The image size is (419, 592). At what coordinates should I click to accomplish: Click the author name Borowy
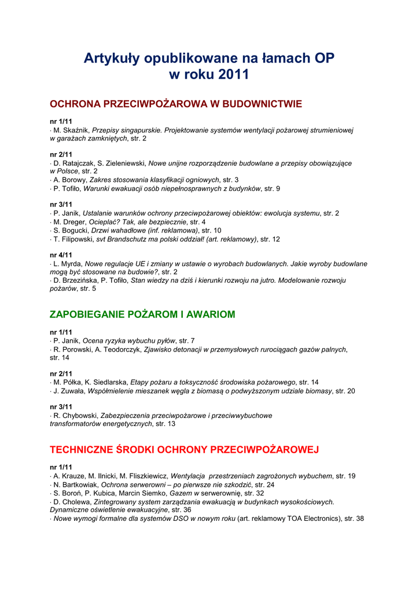pos(75,180)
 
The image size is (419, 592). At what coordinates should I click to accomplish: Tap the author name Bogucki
pos(75,231)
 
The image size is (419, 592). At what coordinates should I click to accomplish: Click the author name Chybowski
pos(80,416)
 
